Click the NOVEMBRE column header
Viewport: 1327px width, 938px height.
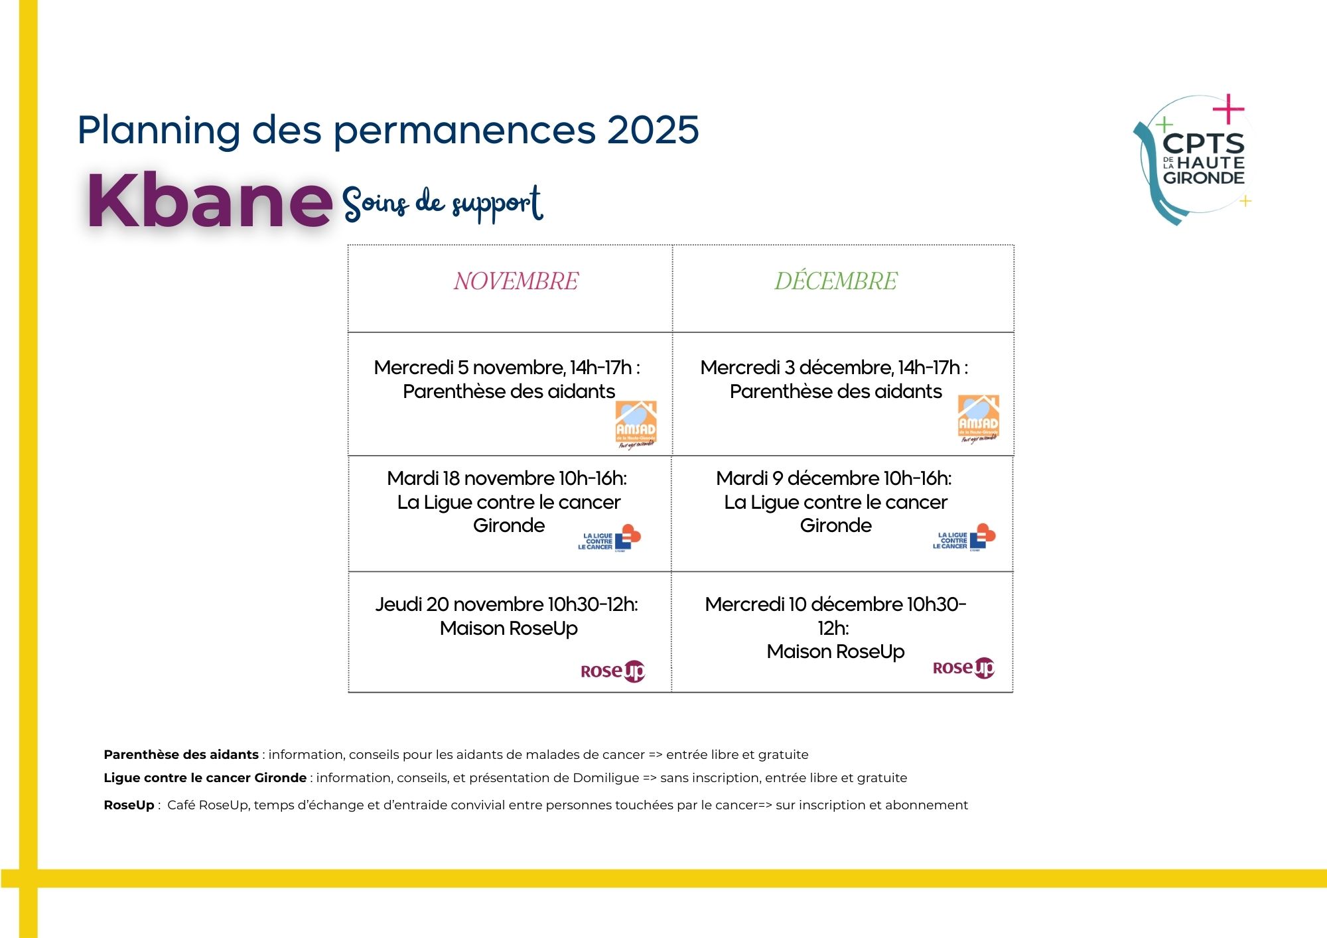(x=516, y=281)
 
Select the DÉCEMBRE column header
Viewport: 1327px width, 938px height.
(x=835, y=281)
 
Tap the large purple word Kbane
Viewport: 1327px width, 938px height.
(x=209, y=200)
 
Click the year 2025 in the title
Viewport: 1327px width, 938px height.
(x=653, y=129)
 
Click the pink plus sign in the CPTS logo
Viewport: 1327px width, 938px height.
(x=1228, y=109)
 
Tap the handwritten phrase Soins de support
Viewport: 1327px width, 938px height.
(x=443, y=202)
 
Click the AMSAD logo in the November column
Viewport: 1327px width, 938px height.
(x=636, y=425)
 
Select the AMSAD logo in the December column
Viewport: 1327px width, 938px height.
(x=978, y=419)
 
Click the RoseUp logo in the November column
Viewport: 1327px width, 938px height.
(x=612, y=671)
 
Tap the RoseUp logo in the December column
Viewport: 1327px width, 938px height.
(x=963, y=667)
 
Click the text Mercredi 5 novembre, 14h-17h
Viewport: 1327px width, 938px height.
(x=507, y=368)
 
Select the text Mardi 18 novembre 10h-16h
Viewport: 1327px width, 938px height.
(x=507, y=478)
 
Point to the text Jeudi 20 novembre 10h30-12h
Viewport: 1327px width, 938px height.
(x=507, y=604)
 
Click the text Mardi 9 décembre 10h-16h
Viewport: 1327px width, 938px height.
(x=834, y=478)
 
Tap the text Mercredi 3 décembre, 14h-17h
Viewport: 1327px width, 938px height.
(x=834, y=368)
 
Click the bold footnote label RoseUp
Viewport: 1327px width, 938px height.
(x=129, y=805)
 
